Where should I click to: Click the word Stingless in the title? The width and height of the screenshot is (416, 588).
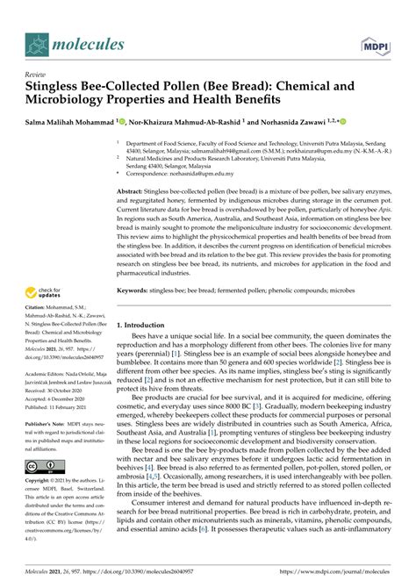click(x=60, y=90)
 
